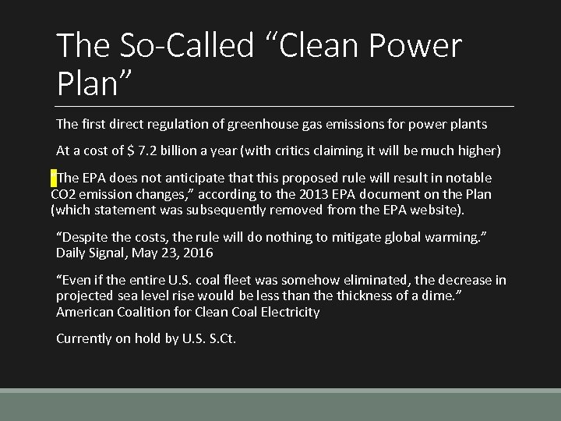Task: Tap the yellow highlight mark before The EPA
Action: point(53,177)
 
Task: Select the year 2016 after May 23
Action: point(199,253)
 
